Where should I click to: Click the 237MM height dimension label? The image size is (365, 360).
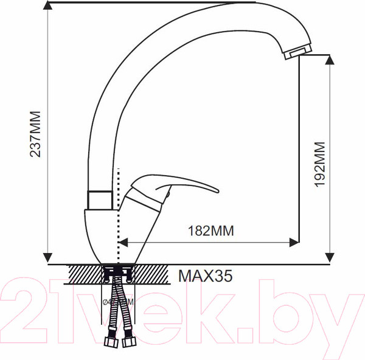[x=36, y=134]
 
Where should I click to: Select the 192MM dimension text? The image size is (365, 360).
[x=321, y=164]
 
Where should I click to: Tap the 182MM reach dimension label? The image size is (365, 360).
[x=210, y=230]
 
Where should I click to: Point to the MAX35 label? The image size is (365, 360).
[x=205, y=277]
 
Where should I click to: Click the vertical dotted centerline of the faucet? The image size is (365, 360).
[x=118, y=213]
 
